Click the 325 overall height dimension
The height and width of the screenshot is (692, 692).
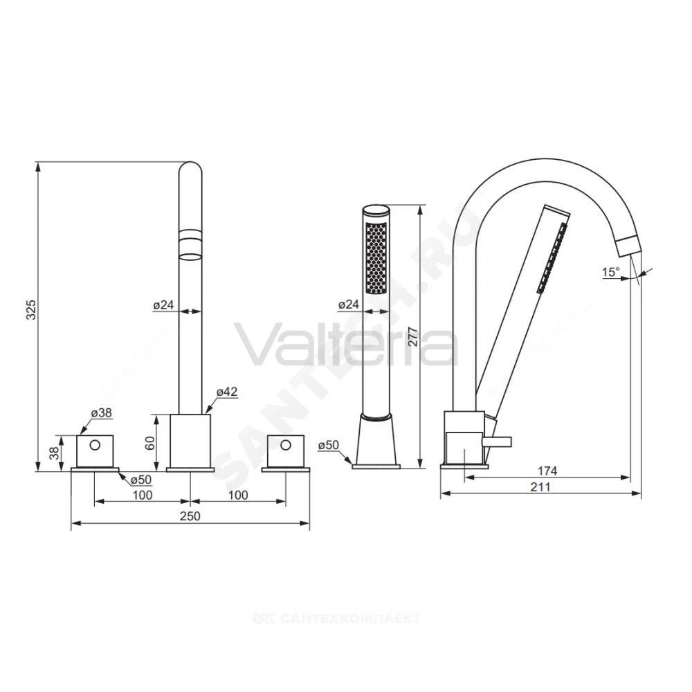click(x=31, y=310)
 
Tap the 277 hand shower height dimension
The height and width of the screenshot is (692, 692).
click(x=412, y=336)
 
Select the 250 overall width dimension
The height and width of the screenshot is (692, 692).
click(x=190, y=516)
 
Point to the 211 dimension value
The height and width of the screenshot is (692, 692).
click(x=540, y=486)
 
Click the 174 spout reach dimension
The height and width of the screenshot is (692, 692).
click(x=547, y=471)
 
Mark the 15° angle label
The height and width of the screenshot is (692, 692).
click(x=611, y=272)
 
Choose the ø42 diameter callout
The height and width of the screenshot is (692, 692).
click(x=227, y=392)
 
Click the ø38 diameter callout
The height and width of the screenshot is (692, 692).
click(x=102, y=412)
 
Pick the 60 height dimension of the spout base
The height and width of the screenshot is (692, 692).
click(x=150, y=443)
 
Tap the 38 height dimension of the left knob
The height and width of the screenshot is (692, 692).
click(x=54, y=453)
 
